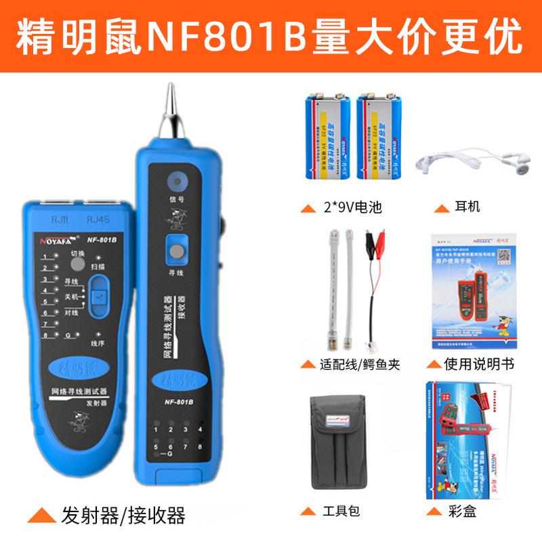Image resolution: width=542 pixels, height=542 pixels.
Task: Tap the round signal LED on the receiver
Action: click(178, 181)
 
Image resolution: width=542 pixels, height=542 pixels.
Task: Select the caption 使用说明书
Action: click(478, 364)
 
